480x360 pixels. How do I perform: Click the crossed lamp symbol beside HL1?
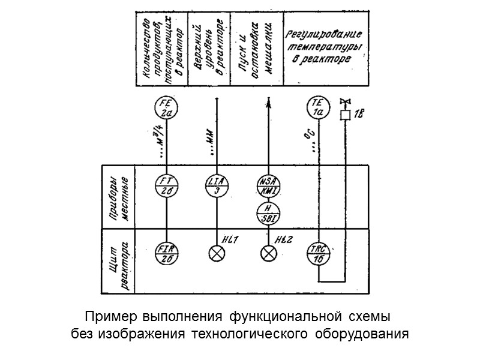[x=216, y=253]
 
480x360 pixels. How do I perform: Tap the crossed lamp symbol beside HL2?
[x=268, y=253]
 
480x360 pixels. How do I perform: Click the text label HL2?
[x=284, y=241]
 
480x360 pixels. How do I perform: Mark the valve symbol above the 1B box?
[x=345, y=101]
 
